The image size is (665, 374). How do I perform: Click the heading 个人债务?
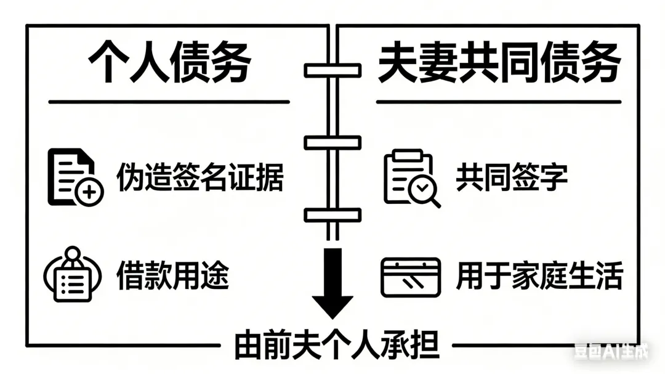pos(169,64)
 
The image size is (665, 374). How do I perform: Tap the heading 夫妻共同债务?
pos(499,64)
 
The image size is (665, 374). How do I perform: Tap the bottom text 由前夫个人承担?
pos(337,346)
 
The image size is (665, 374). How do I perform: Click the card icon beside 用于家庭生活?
pos(410,277)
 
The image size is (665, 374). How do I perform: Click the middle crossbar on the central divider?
pos(332,142)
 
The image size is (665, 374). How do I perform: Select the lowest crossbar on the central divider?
pos(332,214)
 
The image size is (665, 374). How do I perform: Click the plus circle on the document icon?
pos(89,193)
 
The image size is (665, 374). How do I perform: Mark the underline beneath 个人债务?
pos(169,102)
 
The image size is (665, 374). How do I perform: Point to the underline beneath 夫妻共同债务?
pos(499,102)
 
